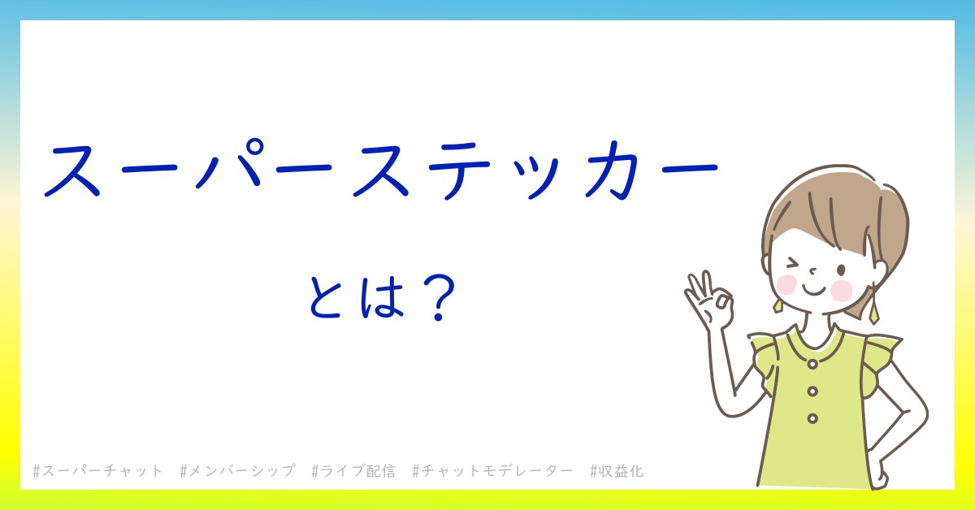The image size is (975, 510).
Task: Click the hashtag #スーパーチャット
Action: (97, 471)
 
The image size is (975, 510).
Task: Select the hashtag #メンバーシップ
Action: (237, 471)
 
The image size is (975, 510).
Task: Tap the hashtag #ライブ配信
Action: (353, 471)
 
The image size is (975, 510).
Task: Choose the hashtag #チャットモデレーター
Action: (492, 471)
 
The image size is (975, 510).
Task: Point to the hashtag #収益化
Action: (617, 471)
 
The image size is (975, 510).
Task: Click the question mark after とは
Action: (439, 299)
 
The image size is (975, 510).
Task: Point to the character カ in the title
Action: (613, 170)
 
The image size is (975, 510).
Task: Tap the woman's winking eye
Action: (792, 264)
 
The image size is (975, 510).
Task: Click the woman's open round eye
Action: (841, 270)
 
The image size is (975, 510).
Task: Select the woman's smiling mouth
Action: (813, 291)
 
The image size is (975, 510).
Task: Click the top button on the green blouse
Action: (812, 364)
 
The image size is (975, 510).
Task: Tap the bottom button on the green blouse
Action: (812, 418)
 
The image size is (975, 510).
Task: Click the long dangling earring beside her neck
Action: (873, 305)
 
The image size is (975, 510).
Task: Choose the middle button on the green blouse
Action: (812, 391)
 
